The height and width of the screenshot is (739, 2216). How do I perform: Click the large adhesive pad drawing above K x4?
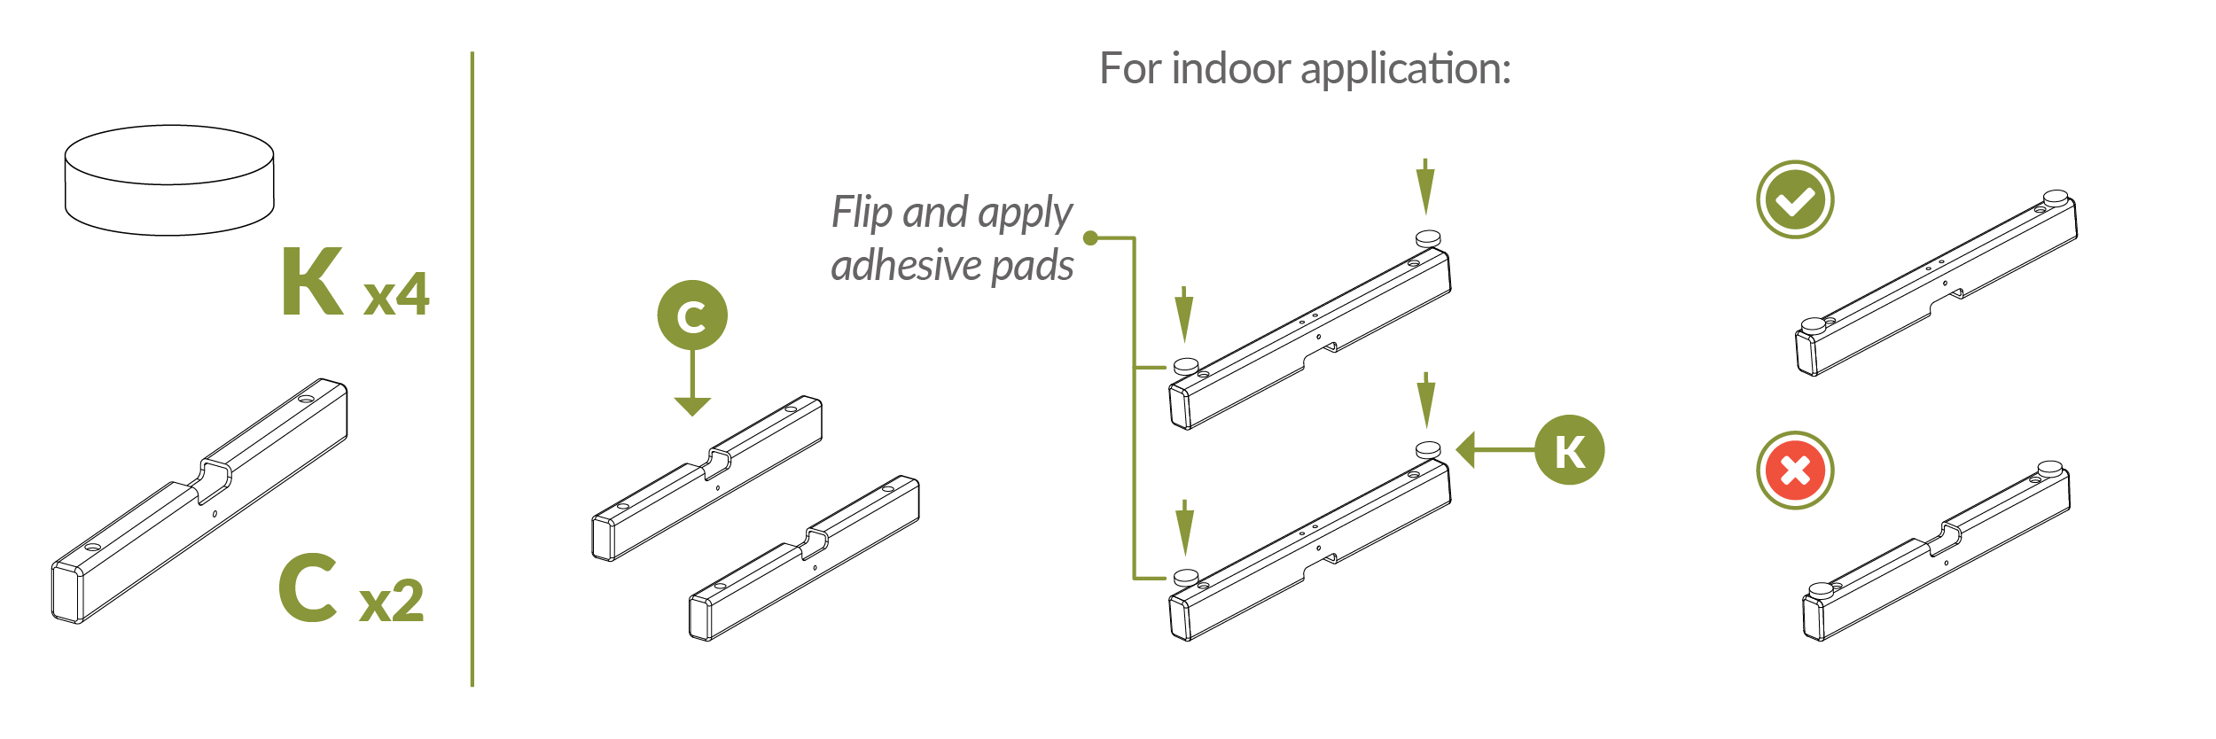169,180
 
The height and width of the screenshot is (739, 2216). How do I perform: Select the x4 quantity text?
397,293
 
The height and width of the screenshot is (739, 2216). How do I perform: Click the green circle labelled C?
691,315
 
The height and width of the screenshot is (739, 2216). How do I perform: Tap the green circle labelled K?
1569,450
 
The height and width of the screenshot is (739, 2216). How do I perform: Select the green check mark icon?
1795,199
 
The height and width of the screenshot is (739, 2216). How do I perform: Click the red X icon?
1795,471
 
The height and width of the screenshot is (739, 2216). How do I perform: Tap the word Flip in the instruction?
862,213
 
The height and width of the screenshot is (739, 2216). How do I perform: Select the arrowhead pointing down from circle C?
692,406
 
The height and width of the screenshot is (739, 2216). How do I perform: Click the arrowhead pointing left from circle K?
1466,450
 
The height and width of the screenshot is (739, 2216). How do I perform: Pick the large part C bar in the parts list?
199,502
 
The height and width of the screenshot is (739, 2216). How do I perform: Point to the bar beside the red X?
1937,554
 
